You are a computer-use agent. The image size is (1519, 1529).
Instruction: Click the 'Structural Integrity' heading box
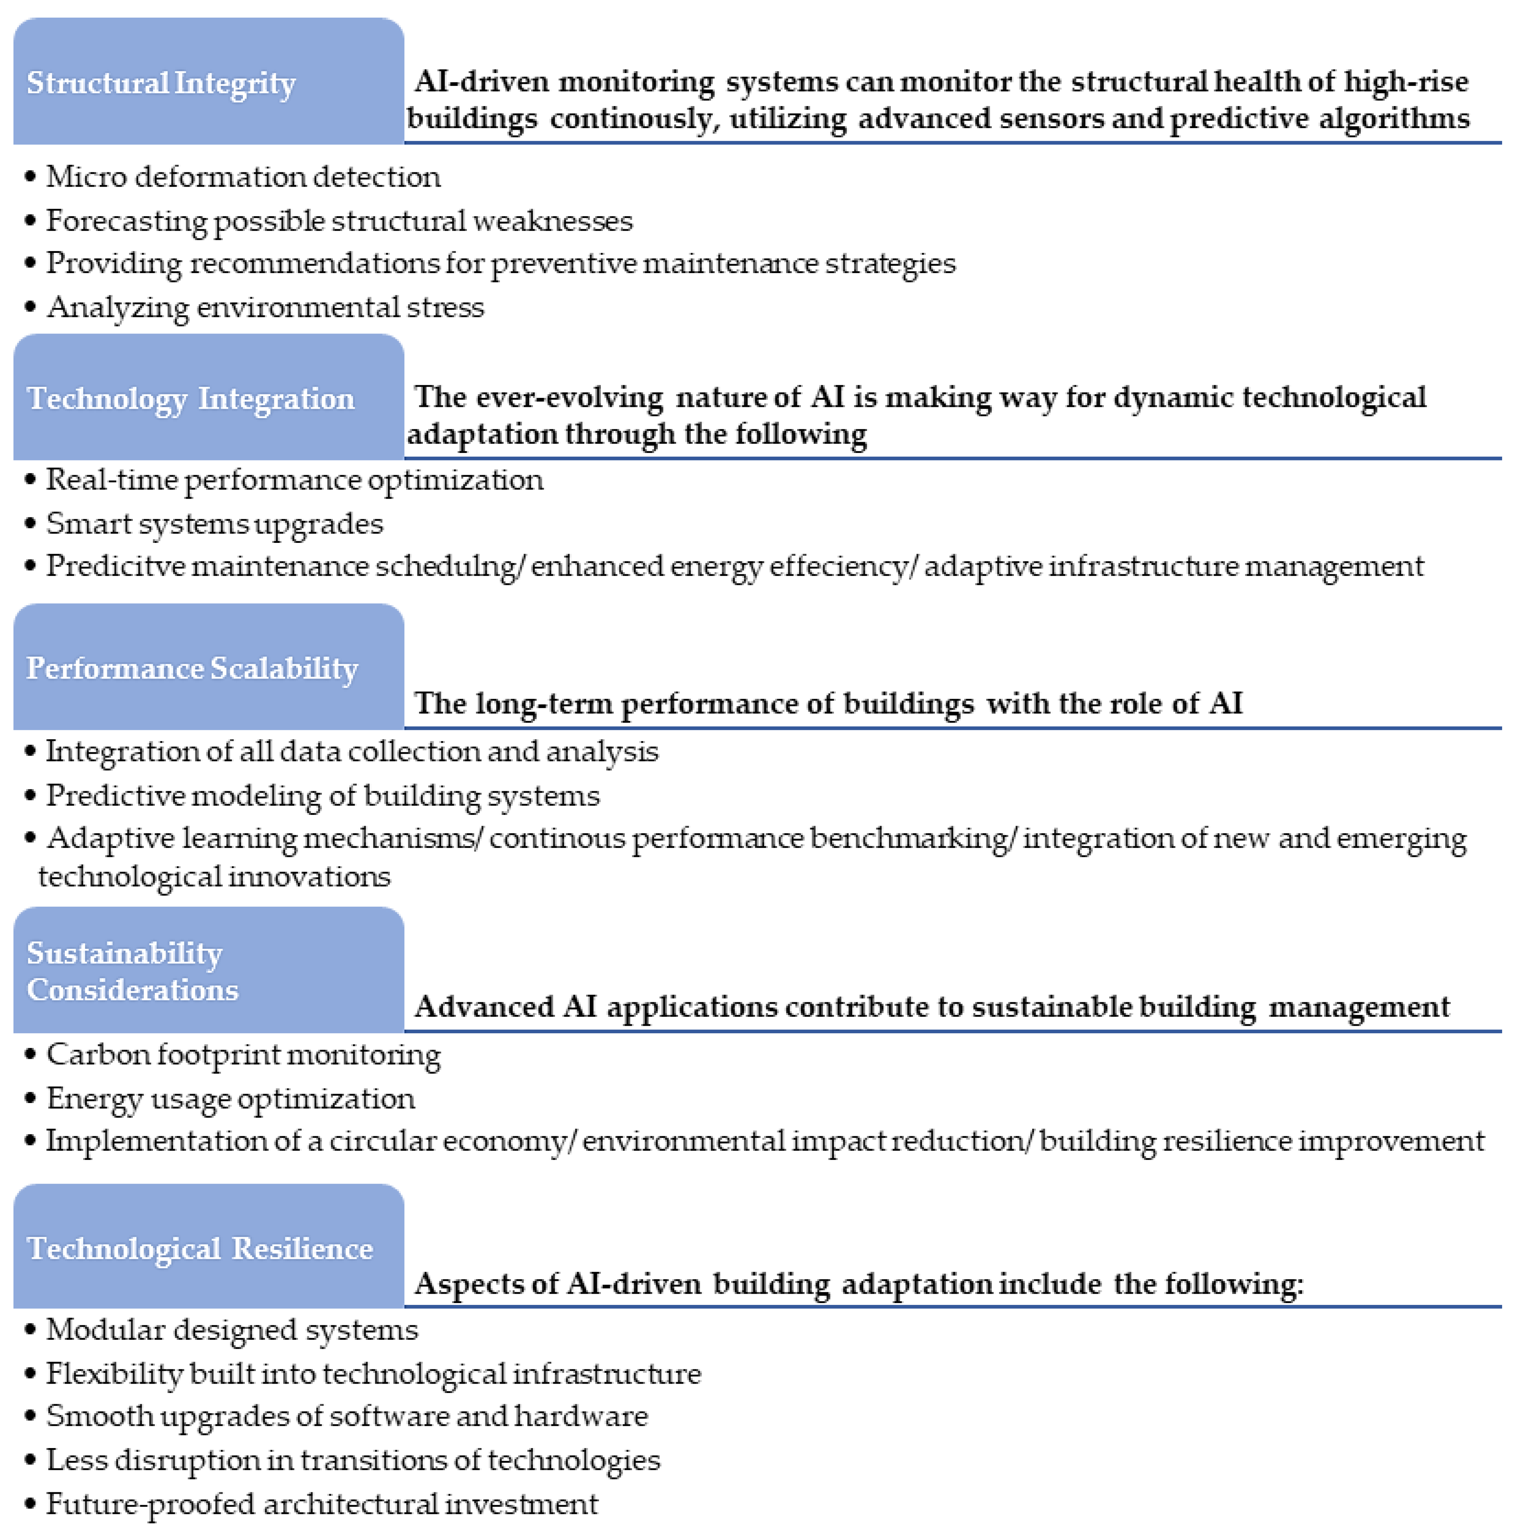pyautogui.click(x=208, y=82)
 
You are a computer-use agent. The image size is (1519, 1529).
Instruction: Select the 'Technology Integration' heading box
pyautogui.click(x=208, y=397)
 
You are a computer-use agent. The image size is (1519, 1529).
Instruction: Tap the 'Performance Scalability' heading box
pyautogui.click(x=208, y=667)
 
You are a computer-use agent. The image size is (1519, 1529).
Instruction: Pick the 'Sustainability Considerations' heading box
pyautogui.click(x=208, y=970)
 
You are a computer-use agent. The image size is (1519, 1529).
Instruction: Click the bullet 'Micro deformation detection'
pyautogui.click(x=243, y=176)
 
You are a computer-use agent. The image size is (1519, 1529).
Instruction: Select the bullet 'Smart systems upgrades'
pyautogui.click(x=214, y=524)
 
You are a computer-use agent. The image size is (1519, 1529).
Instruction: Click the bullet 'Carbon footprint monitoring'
pyautogui.click(x=243, y=1055)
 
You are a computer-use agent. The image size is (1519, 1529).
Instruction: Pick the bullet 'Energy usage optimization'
pyautogui.click(x=230, y=1099)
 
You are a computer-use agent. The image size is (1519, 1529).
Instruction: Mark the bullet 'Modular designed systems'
pyautogui.click(x=232, y=1330)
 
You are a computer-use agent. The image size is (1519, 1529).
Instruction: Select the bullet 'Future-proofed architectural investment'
pyautogui.click(x=321, y=1504)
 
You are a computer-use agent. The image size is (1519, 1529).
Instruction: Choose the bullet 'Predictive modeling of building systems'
pyautogui.click(x=322, y=795)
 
